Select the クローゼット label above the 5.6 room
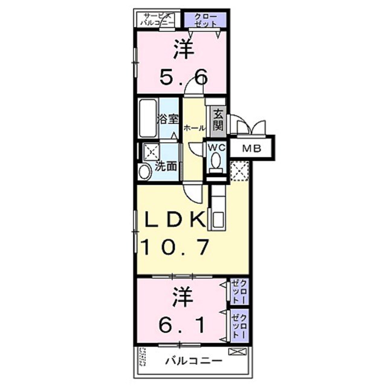[206, 19]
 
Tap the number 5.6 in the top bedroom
[183, 77]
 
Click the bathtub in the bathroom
[148, 119]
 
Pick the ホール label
[193, 128]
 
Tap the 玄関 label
[217, 120]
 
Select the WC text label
[216, 146]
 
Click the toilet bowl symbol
[216, 161]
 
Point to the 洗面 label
[166, 166]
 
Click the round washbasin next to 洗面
[145, 172]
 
